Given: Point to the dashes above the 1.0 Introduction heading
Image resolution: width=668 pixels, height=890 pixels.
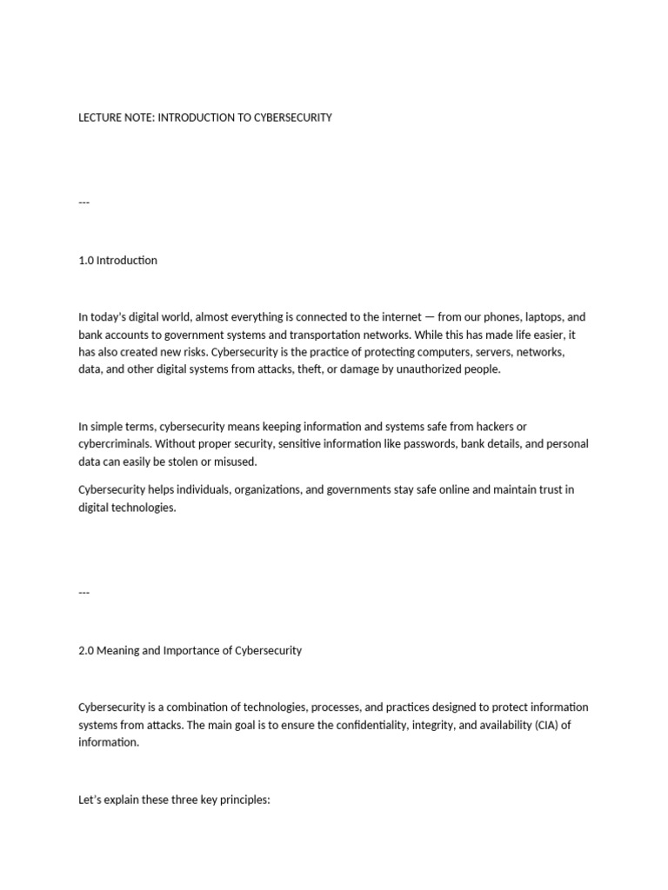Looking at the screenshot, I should click(83, 203).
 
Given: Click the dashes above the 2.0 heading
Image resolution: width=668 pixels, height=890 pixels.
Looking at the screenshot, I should click(83, 592).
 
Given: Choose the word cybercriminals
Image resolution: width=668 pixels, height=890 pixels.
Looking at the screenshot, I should click(113, 444).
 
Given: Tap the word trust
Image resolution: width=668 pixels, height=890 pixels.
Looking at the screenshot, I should click(544, 490).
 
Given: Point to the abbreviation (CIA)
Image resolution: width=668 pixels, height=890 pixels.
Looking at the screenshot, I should click(538, 725).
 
